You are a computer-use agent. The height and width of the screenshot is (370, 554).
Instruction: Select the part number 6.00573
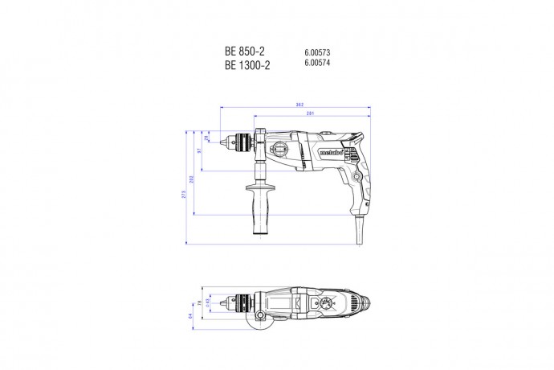(x=318, y=52)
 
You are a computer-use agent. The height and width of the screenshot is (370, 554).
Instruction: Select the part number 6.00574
(x=318, y=66)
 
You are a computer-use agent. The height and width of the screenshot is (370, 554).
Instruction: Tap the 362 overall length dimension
(x=298, y=105)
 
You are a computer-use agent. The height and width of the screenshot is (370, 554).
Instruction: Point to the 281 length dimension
(x=311, y=113)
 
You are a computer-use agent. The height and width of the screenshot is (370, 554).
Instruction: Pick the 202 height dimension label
(x=193, y=179)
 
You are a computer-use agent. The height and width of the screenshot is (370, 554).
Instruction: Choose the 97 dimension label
(x=201, y=150)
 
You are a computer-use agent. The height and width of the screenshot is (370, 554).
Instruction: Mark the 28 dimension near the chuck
(x=209, y=138)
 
